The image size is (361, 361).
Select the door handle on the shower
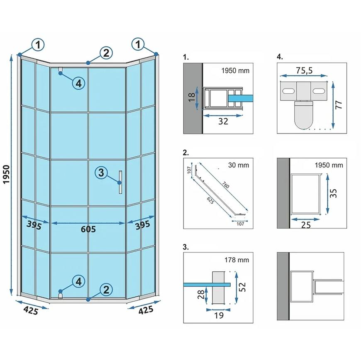coord(120,182)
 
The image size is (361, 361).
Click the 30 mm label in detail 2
coord(239,165)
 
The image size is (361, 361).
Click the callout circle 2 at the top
coord(106,53)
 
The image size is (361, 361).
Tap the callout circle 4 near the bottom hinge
coord(78,282)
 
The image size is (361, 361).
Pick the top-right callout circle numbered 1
coord(138,44)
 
